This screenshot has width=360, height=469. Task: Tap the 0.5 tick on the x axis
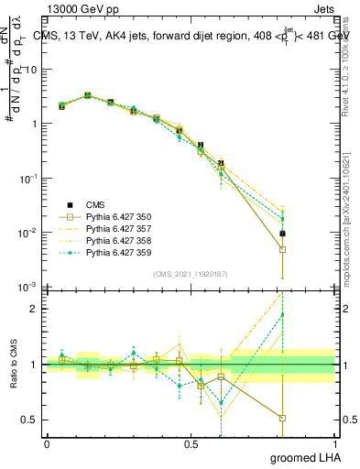coord(191,444)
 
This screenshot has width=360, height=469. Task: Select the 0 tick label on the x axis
coord(47,444)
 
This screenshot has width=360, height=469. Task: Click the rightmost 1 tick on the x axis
coord(335,444)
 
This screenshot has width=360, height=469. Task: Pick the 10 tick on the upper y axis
coord(28,70)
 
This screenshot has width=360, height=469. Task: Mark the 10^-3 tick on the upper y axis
coord(27,288)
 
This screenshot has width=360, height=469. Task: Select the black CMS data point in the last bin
coord(283,234)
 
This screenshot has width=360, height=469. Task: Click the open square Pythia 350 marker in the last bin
coord(283,249)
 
